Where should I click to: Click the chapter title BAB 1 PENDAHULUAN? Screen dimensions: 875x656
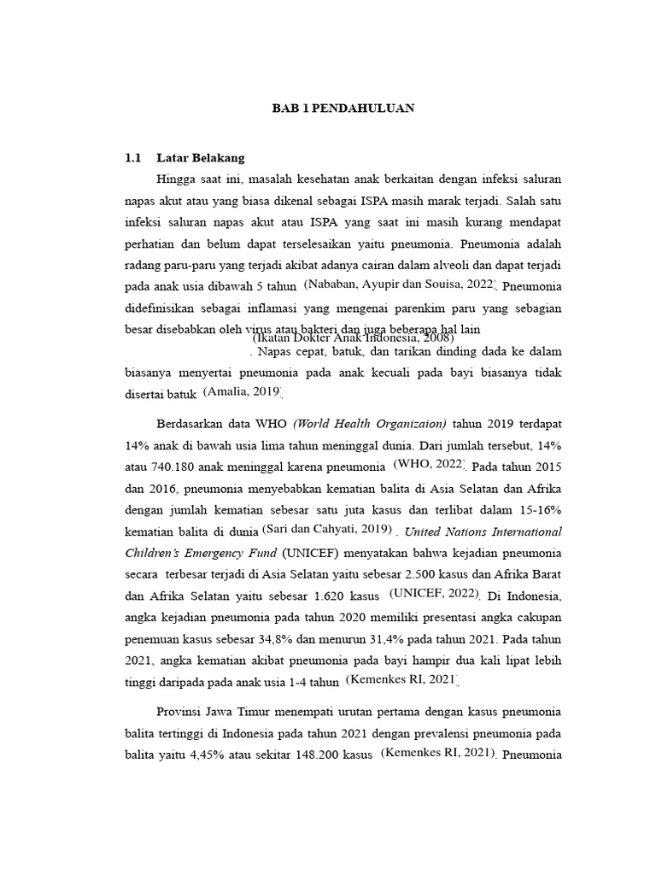pos(343,109)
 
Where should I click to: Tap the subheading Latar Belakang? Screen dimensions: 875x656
pos(201,158)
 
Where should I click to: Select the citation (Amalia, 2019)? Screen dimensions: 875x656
pos(243,391)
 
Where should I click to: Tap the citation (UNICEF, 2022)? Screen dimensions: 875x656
pos(435,592)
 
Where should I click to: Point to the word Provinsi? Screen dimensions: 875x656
pos(183,712)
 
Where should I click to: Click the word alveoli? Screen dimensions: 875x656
pos(445,265)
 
